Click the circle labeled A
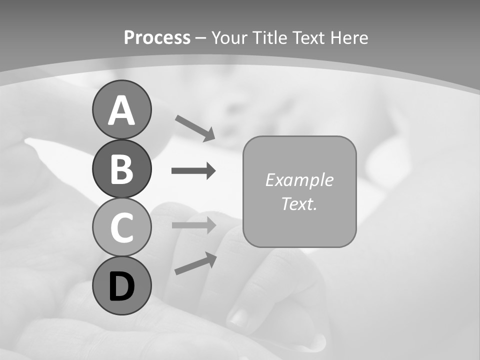121,109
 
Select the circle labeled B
121,168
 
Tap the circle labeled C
121,227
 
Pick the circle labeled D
121,285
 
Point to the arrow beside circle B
193,171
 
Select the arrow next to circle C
193,225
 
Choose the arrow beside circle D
195,263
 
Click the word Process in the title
157,37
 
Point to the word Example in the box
299,180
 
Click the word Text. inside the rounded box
299,203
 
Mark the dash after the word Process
200,38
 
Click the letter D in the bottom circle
121,286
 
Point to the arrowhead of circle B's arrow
210,171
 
